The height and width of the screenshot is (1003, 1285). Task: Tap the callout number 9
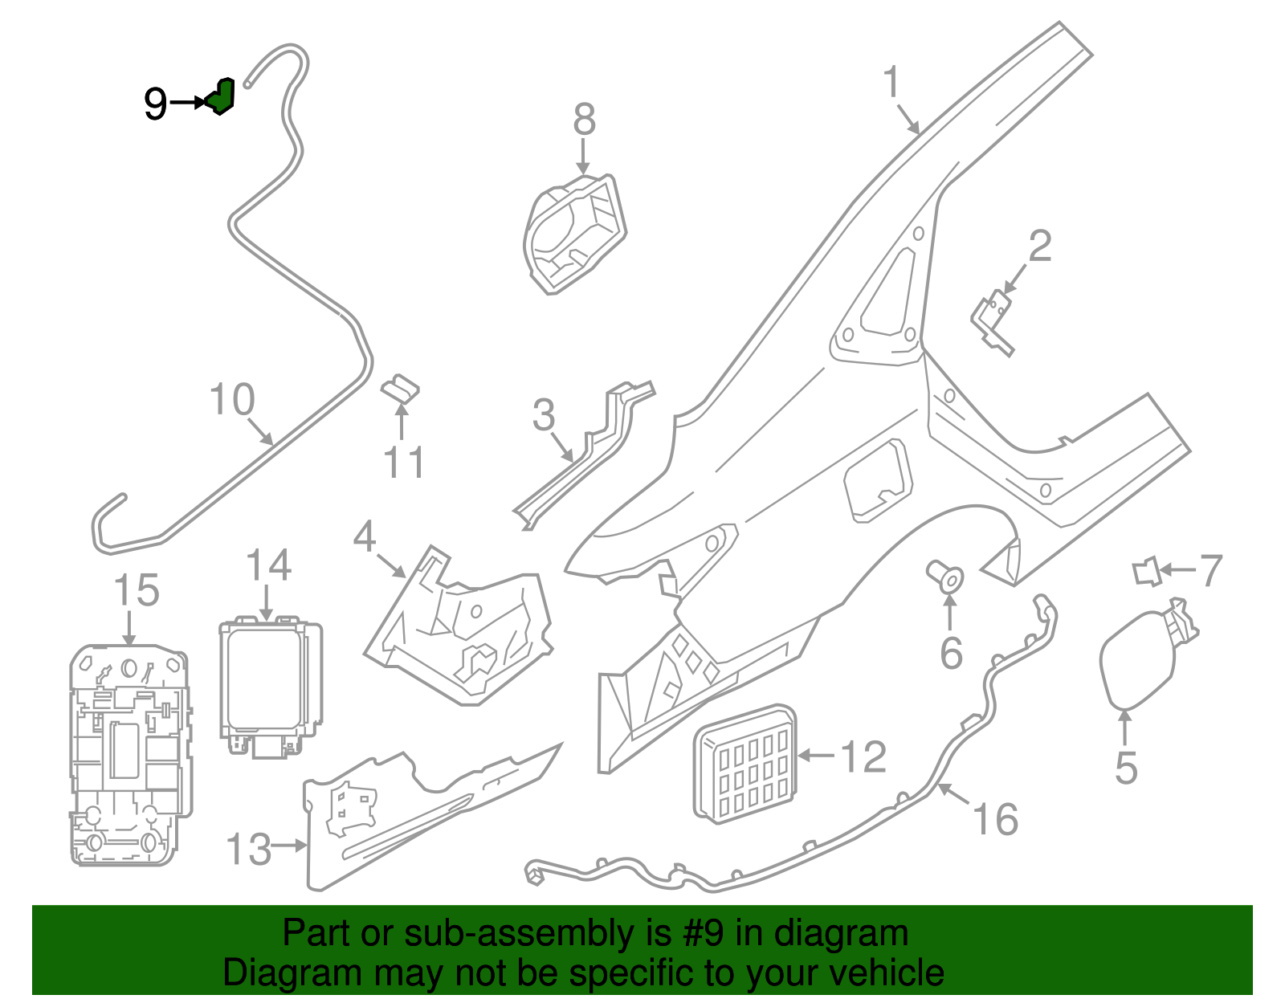pos(155,104)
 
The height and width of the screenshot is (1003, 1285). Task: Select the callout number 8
pos(584,120)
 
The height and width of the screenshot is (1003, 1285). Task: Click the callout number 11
pos(403,463)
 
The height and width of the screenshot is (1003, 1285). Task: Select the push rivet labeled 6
pos(946,577)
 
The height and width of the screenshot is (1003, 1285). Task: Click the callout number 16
pos(995,819)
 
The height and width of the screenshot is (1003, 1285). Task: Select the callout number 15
pos(137,591)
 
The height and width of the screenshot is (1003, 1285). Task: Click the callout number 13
pos(249,850)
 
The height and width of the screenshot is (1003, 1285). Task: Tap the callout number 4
pos(365,536)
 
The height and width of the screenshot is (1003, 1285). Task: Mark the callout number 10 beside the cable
pos(232,399)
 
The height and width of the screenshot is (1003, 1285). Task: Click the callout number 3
pos(544,415)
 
